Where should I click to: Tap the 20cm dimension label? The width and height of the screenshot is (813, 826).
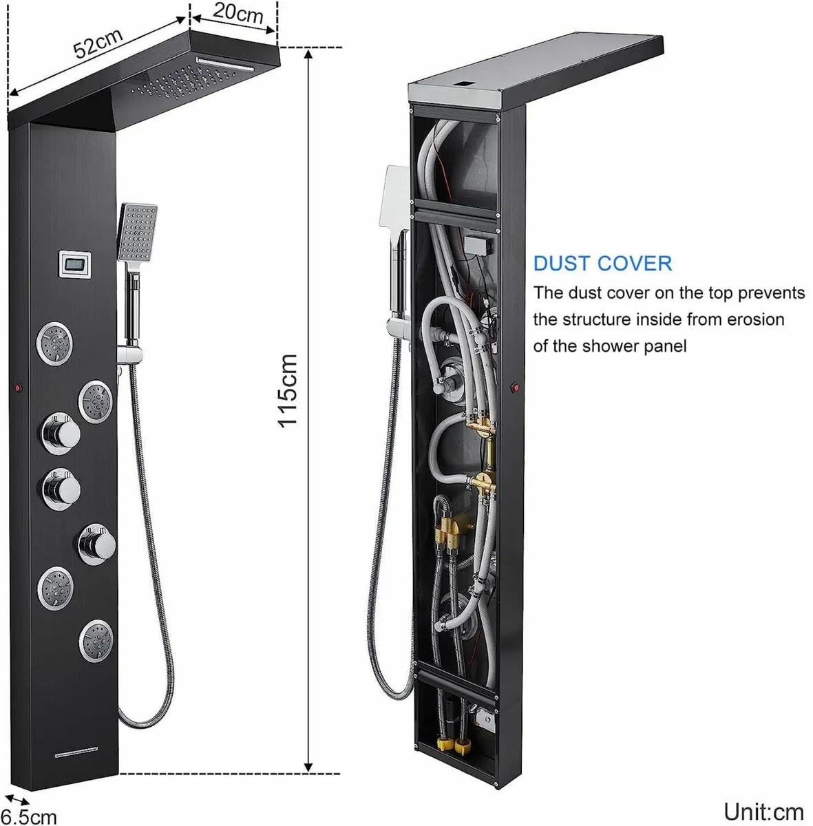click(237, 12)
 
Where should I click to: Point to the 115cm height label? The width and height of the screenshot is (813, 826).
click(288, 390)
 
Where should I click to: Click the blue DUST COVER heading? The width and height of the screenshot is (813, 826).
click(602, 263)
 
